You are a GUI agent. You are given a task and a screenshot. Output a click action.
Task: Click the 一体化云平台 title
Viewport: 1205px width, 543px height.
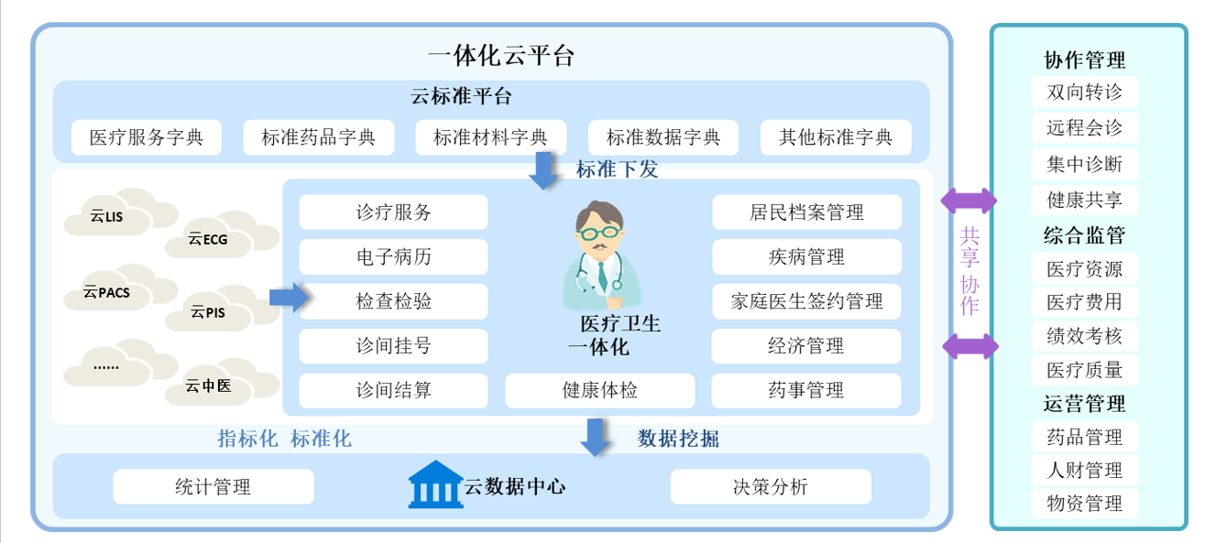pos(500,55)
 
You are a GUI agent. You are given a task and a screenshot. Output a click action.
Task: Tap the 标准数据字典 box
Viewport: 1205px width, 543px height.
pos(663,138)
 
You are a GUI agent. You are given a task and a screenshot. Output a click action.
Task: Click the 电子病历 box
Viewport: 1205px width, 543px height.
pos(393,257)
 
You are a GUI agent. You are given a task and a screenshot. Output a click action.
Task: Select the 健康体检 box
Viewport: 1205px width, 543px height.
pos(599,391)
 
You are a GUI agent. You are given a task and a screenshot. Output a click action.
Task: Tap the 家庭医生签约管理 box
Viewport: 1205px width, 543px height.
pos(806,302)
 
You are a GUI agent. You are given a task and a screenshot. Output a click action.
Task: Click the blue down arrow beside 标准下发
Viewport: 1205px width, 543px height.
pos(544,171)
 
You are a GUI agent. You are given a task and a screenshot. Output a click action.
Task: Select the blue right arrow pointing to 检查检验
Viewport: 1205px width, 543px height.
pos(288,298)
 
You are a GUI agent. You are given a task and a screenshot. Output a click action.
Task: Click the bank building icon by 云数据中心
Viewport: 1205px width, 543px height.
pos(436,485)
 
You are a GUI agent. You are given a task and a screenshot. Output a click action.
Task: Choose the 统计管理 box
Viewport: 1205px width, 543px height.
pos(213,487)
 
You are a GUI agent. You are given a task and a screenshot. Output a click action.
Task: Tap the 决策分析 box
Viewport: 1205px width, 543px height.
pos(770,487)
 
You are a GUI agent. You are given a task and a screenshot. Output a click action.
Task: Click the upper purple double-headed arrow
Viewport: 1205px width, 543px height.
pos(969,201)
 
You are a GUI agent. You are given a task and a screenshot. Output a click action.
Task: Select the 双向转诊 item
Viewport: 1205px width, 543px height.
pos(1084,92)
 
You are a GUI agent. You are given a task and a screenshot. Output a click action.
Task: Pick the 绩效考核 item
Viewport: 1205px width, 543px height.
pos(1084,336)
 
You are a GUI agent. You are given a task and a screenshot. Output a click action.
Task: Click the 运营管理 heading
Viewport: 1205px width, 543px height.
pos(1084,404)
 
